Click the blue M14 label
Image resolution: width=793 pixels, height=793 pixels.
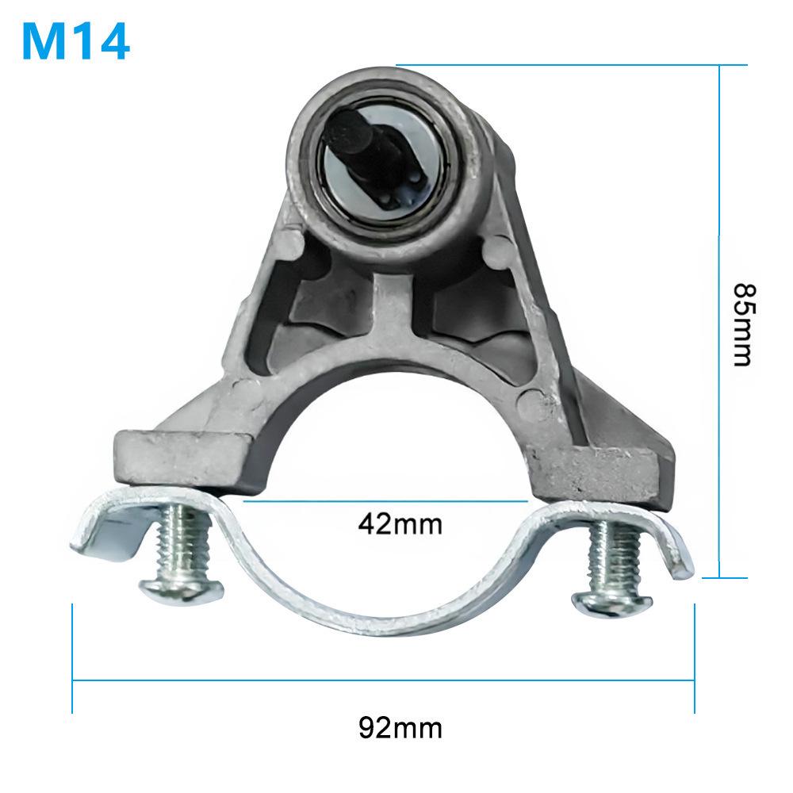(75, 41)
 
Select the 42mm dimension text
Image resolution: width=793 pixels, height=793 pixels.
(400, 524)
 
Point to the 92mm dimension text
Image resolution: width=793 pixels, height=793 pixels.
(400, 727)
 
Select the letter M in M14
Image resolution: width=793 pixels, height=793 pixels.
(43, 41)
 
